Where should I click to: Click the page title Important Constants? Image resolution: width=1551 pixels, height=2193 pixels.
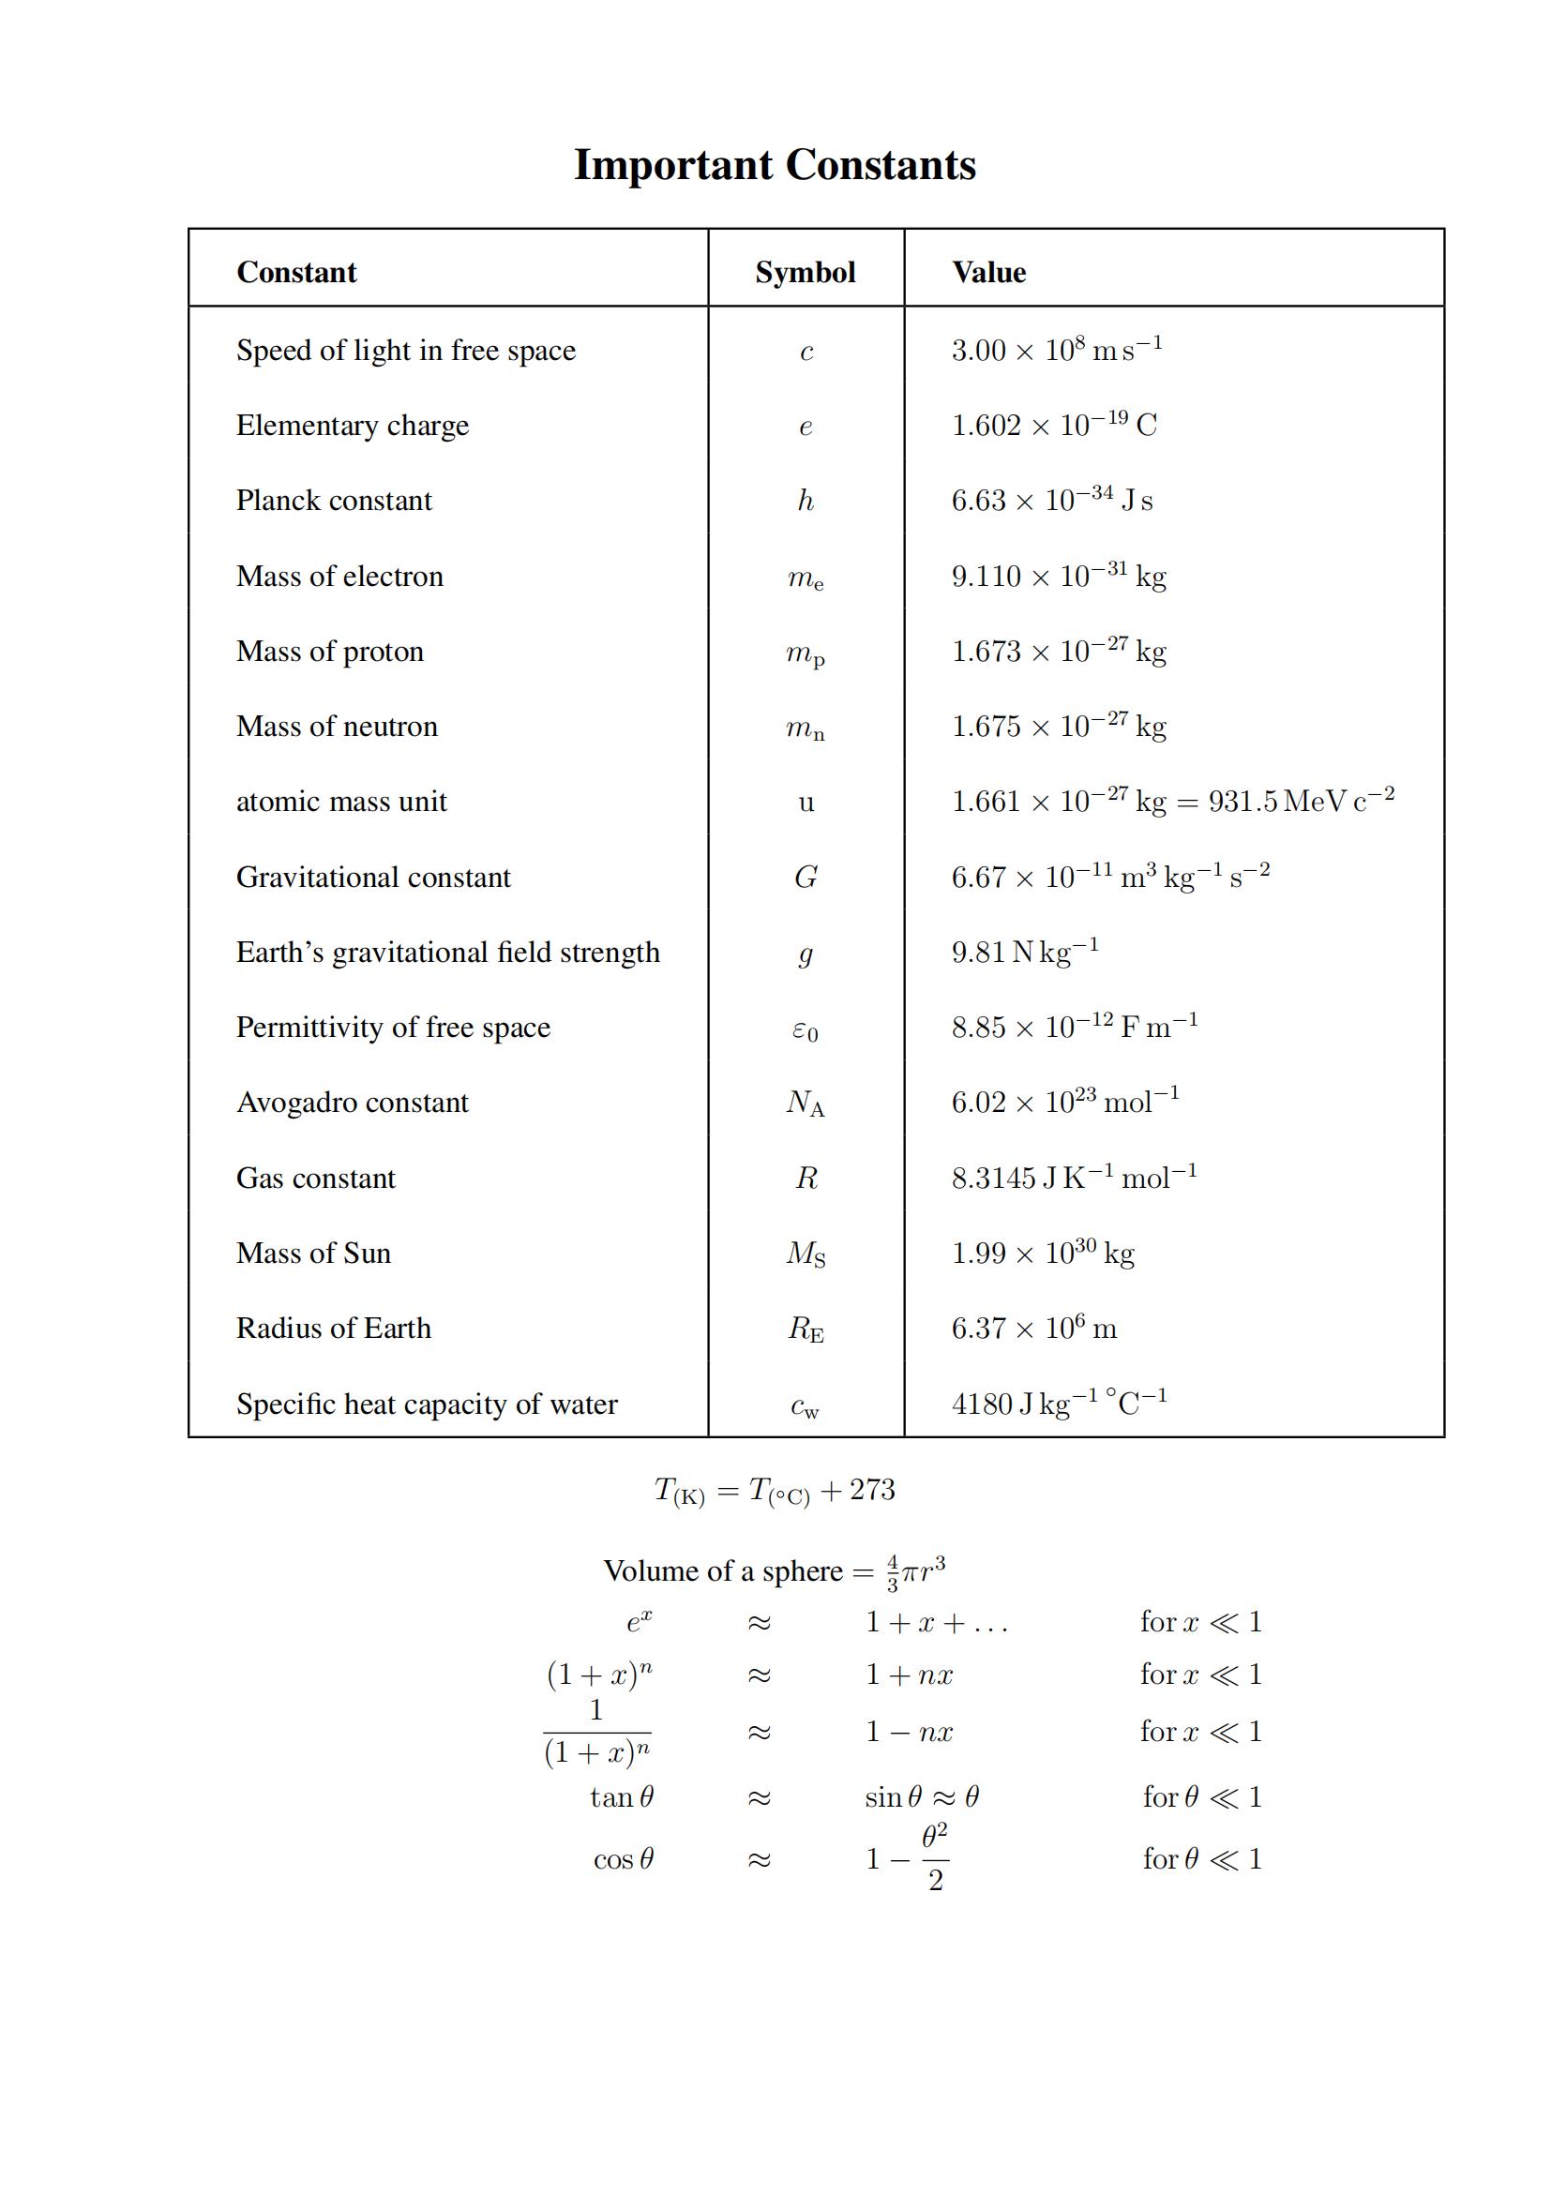775,164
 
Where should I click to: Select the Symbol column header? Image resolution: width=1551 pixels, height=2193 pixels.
806,272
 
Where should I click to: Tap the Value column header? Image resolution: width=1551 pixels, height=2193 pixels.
988,272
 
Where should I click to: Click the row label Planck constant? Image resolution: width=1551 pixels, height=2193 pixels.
333,501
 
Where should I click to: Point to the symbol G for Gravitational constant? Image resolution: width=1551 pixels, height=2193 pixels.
806,877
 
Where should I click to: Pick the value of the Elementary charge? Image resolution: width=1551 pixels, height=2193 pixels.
1053,425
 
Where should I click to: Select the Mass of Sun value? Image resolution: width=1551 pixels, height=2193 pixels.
1042,1254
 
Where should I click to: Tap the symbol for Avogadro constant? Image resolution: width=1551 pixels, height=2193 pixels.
806,1104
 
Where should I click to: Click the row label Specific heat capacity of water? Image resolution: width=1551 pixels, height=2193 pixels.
426,1404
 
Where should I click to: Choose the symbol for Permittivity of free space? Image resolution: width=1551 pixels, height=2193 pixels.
806,1029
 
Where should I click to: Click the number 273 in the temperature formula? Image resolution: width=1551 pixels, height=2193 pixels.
872,1490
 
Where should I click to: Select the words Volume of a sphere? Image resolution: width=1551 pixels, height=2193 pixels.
723,1571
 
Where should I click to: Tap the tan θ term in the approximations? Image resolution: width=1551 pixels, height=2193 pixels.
622,1797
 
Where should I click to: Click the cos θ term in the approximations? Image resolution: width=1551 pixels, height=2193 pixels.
623,1858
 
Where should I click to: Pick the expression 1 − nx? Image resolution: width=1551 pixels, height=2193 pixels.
909,1732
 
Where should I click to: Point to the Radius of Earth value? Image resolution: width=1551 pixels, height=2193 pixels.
1033,1329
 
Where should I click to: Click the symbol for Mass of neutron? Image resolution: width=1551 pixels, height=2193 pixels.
806,728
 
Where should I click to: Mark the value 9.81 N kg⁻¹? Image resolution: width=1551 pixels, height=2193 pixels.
1024,953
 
